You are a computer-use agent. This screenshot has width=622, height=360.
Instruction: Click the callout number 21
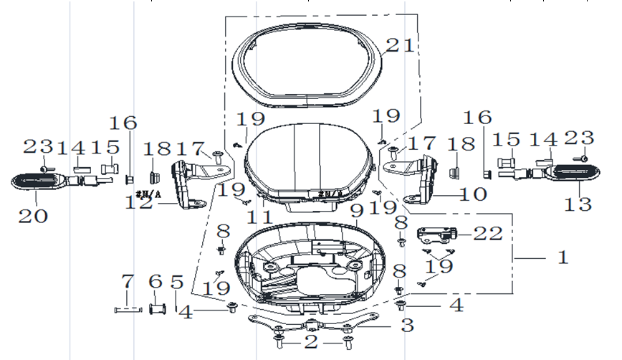click(x=400, y=45)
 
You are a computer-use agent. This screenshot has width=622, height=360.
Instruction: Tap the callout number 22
click(x=488, y=233)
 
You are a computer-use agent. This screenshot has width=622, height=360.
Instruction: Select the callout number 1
click(x=563, y=257)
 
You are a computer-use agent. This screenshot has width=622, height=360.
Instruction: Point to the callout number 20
click(x=33, y=216)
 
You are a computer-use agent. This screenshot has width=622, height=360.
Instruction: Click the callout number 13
click(x=578, y=204)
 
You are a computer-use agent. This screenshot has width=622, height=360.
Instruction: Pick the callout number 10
click(x=473, y=194)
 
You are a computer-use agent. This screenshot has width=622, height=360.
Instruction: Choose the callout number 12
click(x=139, y=202)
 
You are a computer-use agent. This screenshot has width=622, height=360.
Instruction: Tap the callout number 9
click(x=357, y=211)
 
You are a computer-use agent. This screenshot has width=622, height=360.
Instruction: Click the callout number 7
click(x=128, y=281)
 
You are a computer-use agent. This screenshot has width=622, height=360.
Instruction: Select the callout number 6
click(x=155, y=281)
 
